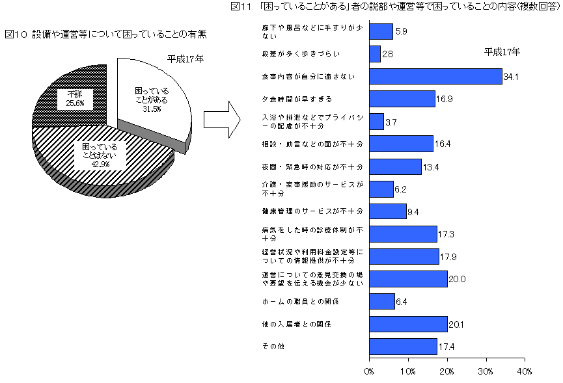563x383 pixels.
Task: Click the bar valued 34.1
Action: click(x=436, y=76)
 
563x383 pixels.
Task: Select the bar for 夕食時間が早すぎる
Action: click(x=402, y=99)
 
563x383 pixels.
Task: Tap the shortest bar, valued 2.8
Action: click(x=375, y=54)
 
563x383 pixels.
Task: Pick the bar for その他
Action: click(x=404, y=347)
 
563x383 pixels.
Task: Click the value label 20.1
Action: click(x=456, y=324)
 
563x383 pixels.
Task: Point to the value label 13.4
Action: click(x=431, y=167)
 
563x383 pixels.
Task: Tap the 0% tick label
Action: click(x=369, y=371)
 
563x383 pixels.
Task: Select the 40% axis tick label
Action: click(x=524, y=371)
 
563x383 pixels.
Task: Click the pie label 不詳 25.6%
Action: click(x=75, y=99)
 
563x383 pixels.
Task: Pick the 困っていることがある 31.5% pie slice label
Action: click(x=152, y=99)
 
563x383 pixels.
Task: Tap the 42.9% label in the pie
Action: click(x=100, y=165)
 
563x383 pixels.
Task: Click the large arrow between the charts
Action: click(x=222, y=120)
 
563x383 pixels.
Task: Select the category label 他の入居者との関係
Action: click(x=297, y=324)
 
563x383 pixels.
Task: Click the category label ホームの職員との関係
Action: click(x=300, y=302)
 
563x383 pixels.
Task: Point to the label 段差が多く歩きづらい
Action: click(x=301, y=54)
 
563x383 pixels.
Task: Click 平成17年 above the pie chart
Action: click(x=185, y=59)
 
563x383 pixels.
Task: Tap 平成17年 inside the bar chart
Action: click(x=502, y=52)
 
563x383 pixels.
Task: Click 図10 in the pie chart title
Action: click(x=16, y=34)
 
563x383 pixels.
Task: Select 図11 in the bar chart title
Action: click(x=241, y=7)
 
